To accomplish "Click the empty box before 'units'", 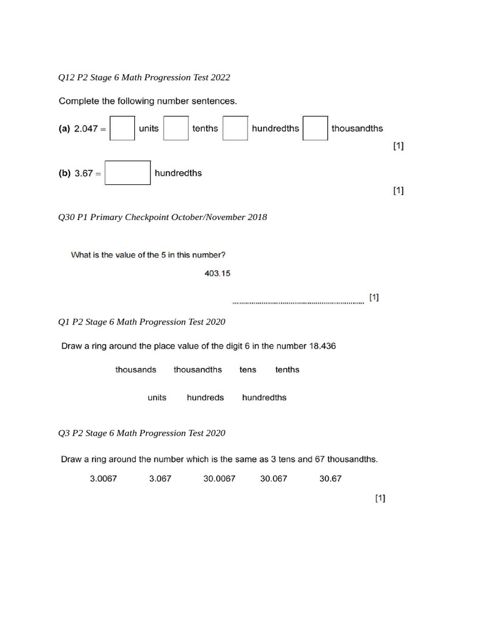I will [x=122, y=128].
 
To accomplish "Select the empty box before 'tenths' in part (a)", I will [x=176, y=128].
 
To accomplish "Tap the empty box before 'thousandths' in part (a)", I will [x=315, y=128].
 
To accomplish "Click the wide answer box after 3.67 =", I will [x=127, y=173].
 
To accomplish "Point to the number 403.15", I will [x=217, y=273].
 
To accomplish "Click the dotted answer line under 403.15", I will [x=297, y=303].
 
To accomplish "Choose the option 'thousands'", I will [x=136, y=370].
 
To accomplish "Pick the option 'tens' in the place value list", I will [x=247, y=370].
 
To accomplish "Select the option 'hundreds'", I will [x=205, y=397].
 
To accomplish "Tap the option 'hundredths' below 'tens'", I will [x=264, y=397].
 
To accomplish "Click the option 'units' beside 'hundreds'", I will [x=157, y=397].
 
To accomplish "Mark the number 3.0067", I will [x=103, y=479].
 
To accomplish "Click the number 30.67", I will [x=331, y=479].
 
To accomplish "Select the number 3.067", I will [x=160, y=479].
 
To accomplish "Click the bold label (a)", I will [x=64, y=129].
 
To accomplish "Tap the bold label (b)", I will [x=64, y=174].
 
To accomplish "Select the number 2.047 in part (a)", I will [x=86, y=129].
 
